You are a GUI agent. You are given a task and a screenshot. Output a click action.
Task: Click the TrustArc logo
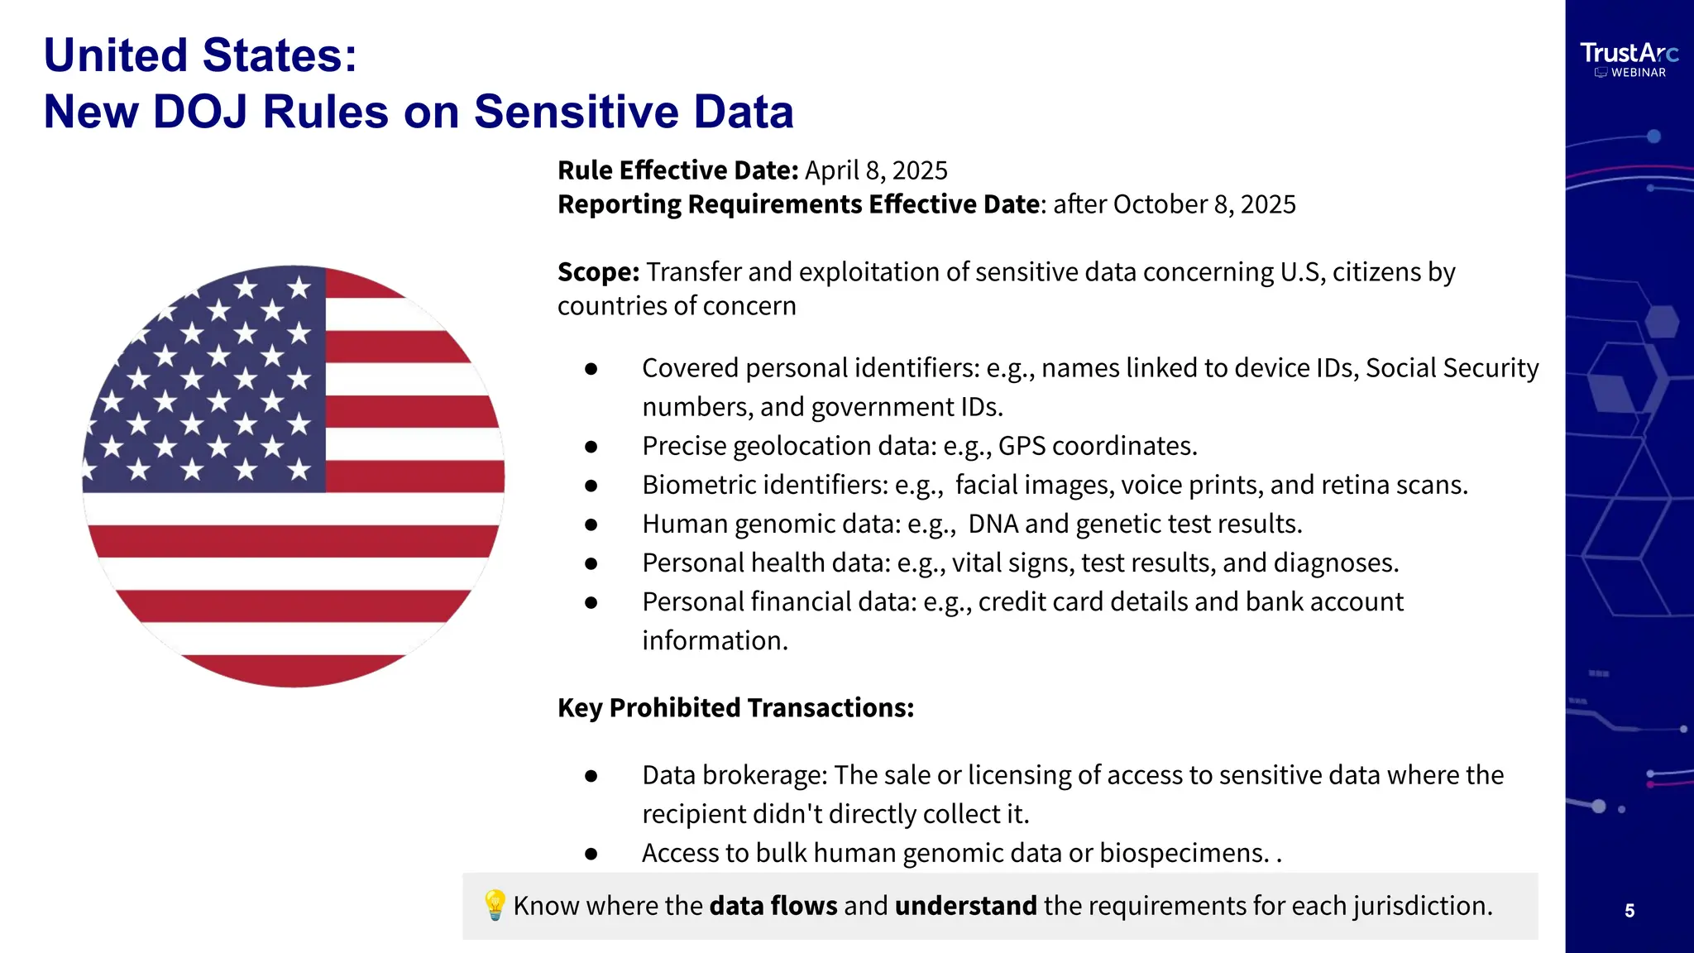point(1629,54)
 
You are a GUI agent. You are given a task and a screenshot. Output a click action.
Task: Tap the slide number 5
point(1629,911)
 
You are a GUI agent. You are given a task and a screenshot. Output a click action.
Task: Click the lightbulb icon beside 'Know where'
point(494,905)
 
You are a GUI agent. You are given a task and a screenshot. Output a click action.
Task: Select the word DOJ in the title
point(200,112)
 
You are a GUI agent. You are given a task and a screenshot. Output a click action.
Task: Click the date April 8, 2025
point(876,170)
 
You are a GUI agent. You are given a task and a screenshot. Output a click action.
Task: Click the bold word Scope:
point(598,272)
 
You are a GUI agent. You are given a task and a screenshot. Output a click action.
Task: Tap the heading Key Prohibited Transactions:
point(735,708)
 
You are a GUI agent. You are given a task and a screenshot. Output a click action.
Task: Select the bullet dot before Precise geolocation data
point(591,447)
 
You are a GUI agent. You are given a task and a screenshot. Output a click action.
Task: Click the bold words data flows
point(773,906)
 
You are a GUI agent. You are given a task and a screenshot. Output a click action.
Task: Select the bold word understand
point(965,906)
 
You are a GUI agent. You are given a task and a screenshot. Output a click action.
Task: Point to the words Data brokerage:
point(735,775)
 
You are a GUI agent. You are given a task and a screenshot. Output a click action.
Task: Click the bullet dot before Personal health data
point(591,563)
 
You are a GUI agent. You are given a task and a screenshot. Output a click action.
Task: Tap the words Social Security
point(1452,368)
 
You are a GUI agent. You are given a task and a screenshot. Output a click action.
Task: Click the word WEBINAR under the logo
point(1638,73)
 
